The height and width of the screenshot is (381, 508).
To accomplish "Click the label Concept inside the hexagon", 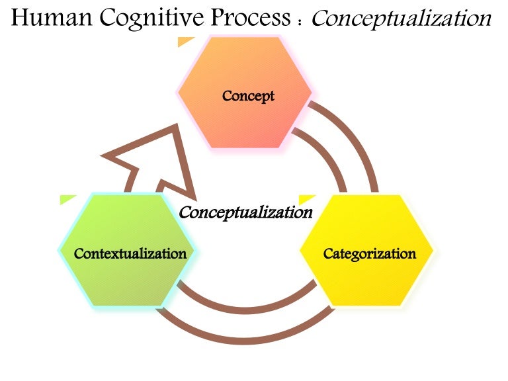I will pos(248,96).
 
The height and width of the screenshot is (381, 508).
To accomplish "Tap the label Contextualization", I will pos(130,253).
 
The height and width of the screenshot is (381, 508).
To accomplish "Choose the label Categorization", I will pos(370,253).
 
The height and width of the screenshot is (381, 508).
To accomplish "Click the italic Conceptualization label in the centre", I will pos(245,212).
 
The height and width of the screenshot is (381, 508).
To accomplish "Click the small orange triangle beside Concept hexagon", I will pos(185,42).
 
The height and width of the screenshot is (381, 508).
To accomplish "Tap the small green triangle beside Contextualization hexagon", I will pos(67,198).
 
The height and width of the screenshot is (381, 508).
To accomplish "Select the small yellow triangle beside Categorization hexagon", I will pos(306,198).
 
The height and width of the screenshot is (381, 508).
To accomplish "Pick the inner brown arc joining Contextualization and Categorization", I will pos(245,307).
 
